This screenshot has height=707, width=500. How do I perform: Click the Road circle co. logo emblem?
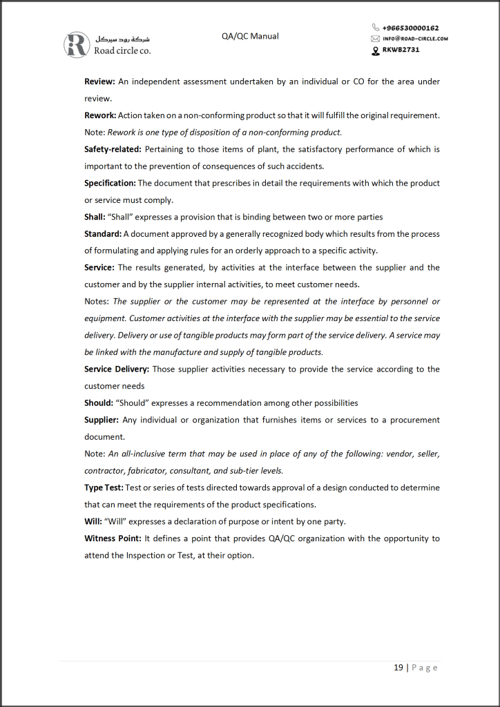point(77,44)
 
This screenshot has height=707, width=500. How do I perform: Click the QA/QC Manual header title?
point(250,36)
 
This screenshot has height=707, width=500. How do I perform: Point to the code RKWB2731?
point(401,50)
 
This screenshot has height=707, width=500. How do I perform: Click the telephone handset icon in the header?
point(376,28)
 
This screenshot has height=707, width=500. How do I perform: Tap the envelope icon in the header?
point(376,39)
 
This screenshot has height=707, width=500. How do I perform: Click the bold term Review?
point(99,81)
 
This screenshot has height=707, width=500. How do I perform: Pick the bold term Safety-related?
point(113,149)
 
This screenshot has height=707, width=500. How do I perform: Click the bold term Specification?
point(110,183)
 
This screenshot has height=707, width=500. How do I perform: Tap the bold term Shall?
point(95,217)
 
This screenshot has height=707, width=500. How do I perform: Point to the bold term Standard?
point(103,233)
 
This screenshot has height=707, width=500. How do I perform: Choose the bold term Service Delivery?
point(117,369)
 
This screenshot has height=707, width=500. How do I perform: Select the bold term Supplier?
point(102,420)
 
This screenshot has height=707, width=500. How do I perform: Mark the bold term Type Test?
point(104,487)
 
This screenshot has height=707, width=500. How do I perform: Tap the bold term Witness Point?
point(113,538)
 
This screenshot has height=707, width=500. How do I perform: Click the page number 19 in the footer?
point(398,668)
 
